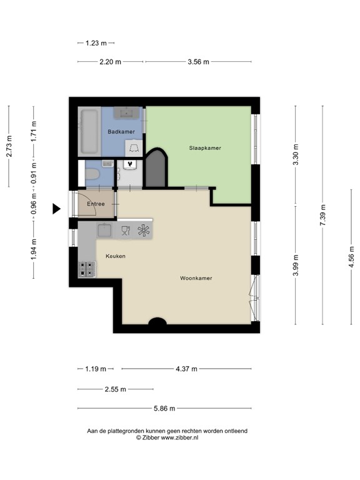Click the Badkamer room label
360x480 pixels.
pyautogui.click(x=121, y=132)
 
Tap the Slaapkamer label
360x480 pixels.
pyautogui.click(x=205, y=148)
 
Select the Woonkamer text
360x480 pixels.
pyautogui.click(x=196, y=278)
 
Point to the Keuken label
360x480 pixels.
pyautogui.click(x=116, y=256)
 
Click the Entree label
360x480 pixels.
pyautogui.click(x=96, y=204)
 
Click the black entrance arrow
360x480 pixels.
pyautogui.click(x=56, y=209)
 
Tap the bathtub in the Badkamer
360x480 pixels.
pyautogui.click(x=89, y=132)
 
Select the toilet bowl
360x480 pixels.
pyautogui.click(x=92, y=174)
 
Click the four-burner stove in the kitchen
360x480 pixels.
pyautogui.click(x=87, y=269)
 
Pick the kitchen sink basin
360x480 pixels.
pyautogui.click(x=104, y=230)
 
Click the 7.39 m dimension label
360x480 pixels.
pyautogui.click(x=322, y=215)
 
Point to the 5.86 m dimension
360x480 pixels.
pyautogui.click(x=164, y=408)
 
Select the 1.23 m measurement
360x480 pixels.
pyautogui.click(x=96, y=43)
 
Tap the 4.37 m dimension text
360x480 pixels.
pyautogui.click(x=186, y=369)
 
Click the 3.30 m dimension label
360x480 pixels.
pyautogui.click(x=296, y=154)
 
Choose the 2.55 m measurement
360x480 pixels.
pyautogui.click(x=116, y=389)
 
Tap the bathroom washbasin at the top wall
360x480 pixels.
pyautogui.click(x=126, y=112)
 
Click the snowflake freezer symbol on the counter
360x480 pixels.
pyautogui.click(x=143, y=231)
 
